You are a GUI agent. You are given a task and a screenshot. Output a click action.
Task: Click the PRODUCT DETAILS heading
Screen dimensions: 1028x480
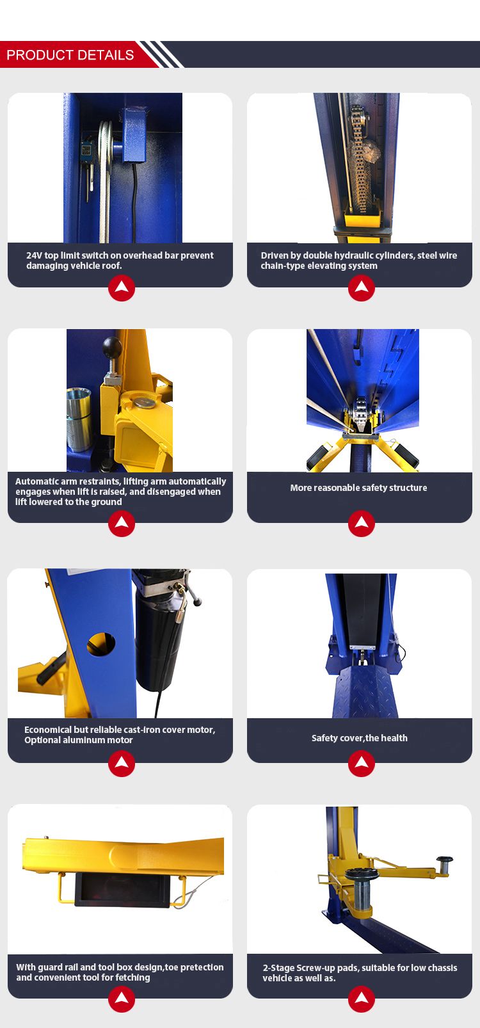(x=70, y=55)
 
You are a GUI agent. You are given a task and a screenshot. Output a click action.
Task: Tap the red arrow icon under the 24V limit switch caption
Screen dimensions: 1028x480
(x=121, y=288)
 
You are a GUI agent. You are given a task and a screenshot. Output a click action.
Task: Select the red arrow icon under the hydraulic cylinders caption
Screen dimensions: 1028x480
(x=361, y=288)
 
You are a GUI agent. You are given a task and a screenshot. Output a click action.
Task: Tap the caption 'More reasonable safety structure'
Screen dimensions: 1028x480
(x=358, y=488)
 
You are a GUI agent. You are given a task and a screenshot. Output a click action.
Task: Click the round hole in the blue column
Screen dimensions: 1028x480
(x=101, y=644)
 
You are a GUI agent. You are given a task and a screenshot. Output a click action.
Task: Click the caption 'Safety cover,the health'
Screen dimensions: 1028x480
(x=359, y=738)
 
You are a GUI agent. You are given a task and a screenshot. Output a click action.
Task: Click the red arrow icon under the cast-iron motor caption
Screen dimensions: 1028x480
(x=121, y=763)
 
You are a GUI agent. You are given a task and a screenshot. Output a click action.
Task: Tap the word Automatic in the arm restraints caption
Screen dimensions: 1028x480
(x=36, y=481)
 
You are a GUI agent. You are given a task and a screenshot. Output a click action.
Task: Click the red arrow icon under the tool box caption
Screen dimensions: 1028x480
(x=121, y=999)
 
